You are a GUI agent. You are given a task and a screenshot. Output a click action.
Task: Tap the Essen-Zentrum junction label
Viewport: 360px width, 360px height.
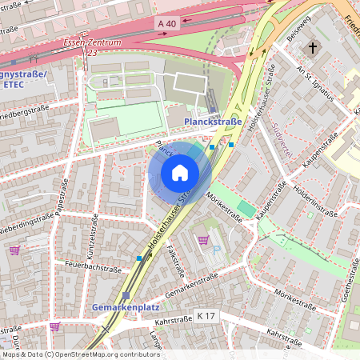91,42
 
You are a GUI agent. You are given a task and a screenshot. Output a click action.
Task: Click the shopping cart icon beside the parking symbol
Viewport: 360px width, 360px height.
203,239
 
